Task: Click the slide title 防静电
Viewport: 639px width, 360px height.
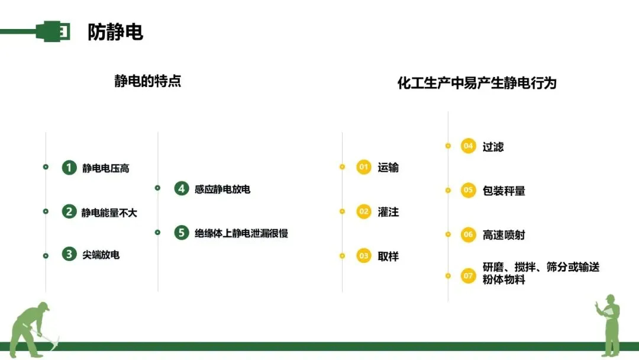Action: coord(115,31)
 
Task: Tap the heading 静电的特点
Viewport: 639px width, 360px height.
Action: coord(147,81)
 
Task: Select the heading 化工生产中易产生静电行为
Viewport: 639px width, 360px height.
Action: coord(476,83)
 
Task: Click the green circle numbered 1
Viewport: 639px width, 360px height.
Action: coord(69,168)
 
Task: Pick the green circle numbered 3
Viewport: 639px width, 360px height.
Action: coord(69,255)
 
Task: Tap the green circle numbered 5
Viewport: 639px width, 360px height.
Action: coord(182,233)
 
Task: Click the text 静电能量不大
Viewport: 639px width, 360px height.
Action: coord(109,212)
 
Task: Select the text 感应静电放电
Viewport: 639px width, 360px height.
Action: coord(222,189)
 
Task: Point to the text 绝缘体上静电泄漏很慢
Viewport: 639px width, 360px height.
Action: coord(241,233)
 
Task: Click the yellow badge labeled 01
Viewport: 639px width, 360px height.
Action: coord(364,167)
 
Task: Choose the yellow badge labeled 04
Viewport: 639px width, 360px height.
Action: coord(469,146)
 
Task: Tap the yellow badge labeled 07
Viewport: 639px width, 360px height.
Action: coord(469,275)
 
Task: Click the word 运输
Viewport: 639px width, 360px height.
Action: coord(388,168)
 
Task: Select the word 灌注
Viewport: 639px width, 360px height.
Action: coord(388,211)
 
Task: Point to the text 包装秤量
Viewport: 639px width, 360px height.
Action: coord(504,191)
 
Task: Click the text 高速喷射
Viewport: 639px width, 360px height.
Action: coord(504,235)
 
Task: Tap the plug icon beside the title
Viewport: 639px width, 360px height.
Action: coord(53,31)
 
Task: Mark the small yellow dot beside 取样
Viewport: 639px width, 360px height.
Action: coord(342,256)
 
